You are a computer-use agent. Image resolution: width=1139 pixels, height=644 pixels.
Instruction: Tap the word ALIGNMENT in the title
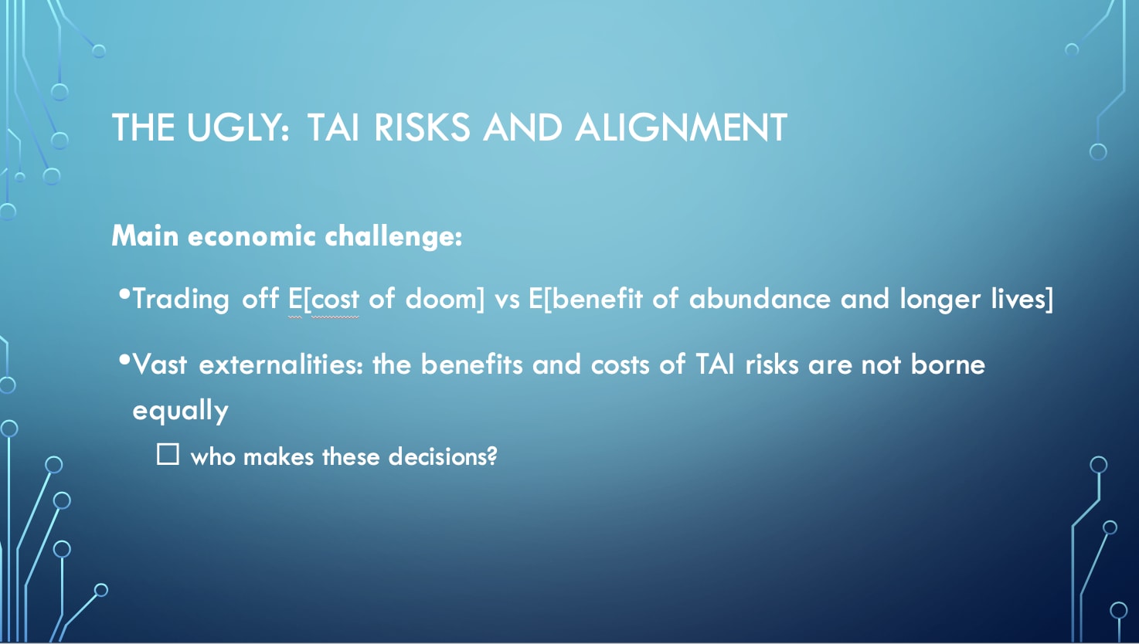coord(682,127)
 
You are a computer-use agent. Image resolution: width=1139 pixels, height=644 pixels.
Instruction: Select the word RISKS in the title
coord(422,127)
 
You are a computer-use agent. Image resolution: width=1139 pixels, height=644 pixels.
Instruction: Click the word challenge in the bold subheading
coord(393,237)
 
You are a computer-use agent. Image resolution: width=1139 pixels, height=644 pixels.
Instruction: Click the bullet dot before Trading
coord(124,294)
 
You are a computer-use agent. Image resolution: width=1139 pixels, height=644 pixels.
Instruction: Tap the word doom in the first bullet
coord(442,298)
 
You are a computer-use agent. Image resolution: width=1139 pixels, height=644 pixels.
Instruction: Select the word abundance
coord(760,298)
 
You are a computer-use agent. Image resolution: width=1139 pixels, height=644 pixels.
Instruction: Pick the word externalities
coord(280,364)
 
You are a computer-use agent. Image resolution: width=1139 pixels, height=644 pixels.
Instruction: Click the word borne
coord(948,364)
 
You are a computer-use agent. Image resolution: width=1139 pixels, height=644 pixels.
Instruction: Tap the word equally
coord(181,411)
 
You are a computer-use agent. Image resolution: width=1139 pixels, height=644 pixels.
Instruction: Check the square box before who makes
coord(168,454)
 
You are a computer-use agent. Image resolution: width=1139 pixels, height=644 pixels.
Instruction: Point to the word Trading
coord(181,299)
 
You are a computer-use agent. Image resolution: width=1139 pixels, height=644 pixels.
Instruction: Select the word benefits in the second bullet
coord(471,364)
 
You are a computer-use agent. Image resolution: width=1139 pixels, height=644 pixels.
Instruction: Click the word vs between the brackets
coord(507,300)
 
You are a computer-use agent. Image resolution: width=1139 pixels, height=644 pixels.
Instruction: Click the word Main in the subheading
coord(145,236)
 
